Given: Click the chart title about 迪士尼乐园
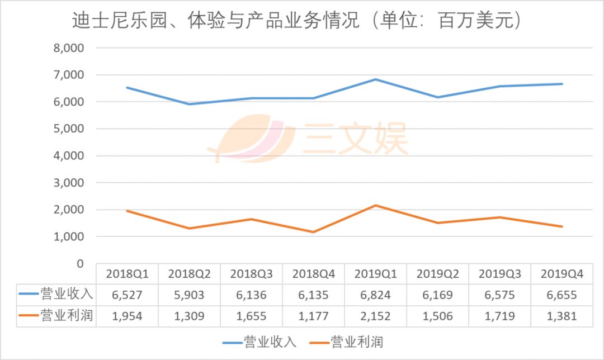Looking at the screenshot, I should tap(297, 21).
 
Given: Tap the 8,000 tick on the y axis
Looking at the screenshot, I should tap(69, 48).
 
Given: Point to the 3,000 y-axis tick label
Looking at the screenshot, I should tap(69, 183).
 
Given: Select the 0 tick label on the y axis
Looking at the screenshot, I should tap(79, 263).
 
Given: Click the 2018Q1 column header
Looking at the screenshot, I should tap(127, 274).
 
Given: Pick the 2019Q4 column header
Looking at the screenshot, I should tap(562, 274).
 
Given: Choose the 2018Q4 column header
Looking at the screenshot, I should tap(314, 274).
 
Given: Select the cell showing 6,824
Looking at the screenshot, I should tap(376, 295).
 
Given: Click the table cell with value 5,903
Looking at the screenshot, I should tap(189, 295).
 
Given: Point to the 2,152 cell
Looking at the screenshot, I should tap(376, 316).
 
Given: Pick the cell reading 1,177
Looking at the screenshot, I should tap(314, 316).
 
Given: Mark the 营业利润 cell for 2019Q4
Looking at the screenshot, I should tap(562, 316).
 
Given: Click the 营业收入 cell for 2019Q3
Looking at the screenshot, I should tap(500, 295).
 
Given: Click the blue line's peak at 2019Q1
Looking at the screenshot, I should tap(376, 79).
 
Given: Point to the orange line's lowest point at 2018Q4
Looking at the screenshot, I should tap(314, 232).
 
